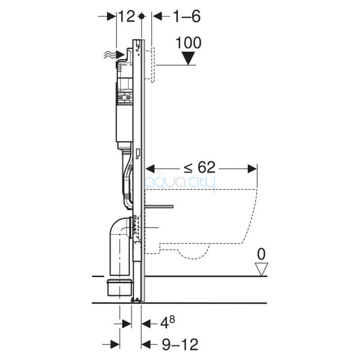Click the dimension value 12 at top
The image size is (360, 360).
pyautogui.click(x=126, y=17)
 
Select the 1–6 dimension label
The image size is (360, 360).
pyautogui.click(x=187, y=17)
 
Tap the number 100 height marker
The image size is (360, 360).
pyautogui.click(x=189, y=43)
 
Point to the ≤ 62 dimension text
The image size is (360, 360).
pyautogui.click(x=199, y=167)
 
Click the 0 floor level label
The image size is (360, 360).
pyautogui.click(x=261, y=254)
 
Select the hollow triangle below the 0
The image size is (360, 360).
pyautogui.click(x=261, y=269)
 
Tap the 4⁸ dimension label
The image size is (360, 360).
pyautogui.click(x=167, y=322)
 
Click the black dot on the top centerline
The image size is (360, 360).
pyautogui.click(x=142, y=17)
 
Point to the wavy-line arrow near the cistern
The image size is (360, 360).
pyautogui.click(x=114, y=55)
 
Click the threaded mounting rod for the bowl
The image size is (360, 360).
pyautogui.click(x=159, y=207)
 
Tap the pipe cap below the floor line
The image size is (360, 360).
pyautogui.click(x=120, y=288)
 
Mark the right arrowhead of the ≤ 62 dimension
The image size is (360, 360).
pyautogui.click(x=252, y=169)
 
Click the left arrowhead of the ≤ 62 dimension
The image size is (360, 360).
pyautogui.click(x=150, y=169)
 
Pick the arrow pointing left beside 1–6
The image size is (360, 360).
pyautogui.click(x=161, y=17)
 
